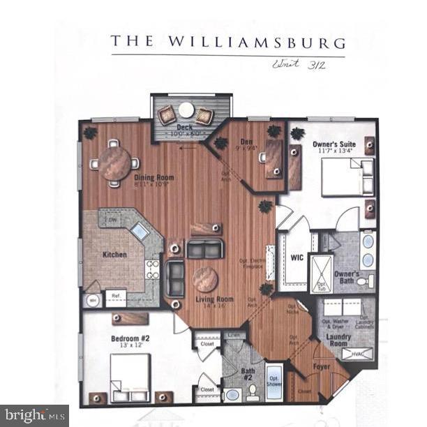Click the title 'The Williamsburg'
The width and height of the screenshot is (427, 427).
pyautogui.click(x=227, y=40)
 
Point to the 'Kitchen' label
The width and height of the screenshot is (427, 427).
pyautogui.click(x=114, y=255)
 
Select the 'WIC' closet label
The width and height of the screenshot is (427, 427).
pyautogui.click(x=296, y=257)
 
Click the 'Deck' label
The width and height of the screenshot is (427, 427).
pyautogui.click(x=185, y=128)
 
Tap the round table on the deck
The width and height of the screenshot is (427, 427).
pyautogui.click(x=186, y=110)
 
